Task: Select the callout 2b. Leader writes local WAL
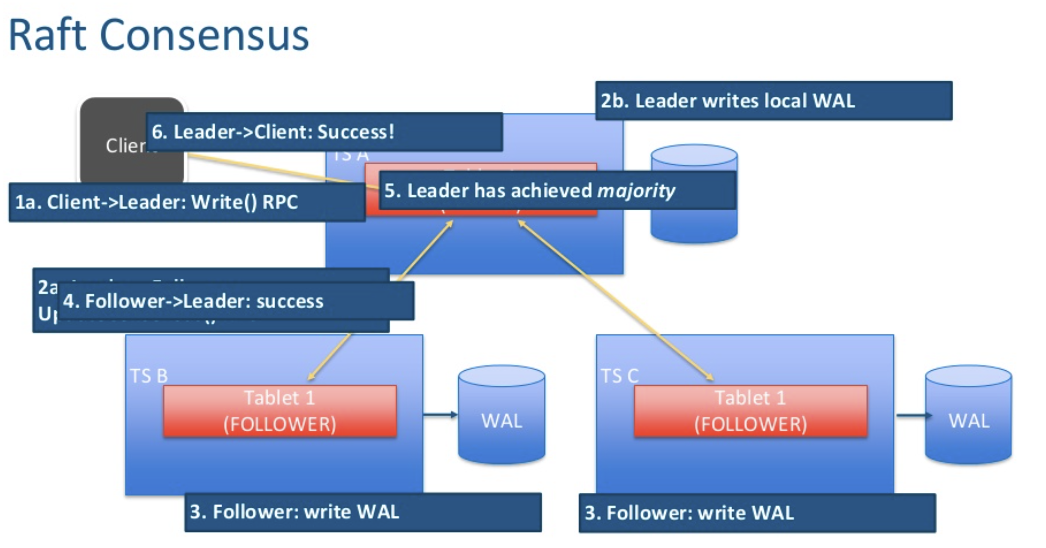773,101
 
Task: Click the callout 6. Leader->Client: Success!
324,132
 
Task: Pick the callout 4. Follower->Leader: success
235,301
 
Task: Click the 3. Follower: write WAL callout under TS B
363,512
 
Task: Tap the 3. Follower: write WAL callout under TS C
757,513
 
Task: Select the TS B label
149,376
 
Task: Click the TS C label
619,376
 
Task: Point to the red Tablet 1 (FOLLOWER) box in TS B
280,411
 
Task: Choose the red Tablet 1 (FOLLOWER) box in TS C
750,411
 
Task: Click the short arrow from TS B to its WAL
440,415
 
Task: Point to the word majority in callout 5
636,191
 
